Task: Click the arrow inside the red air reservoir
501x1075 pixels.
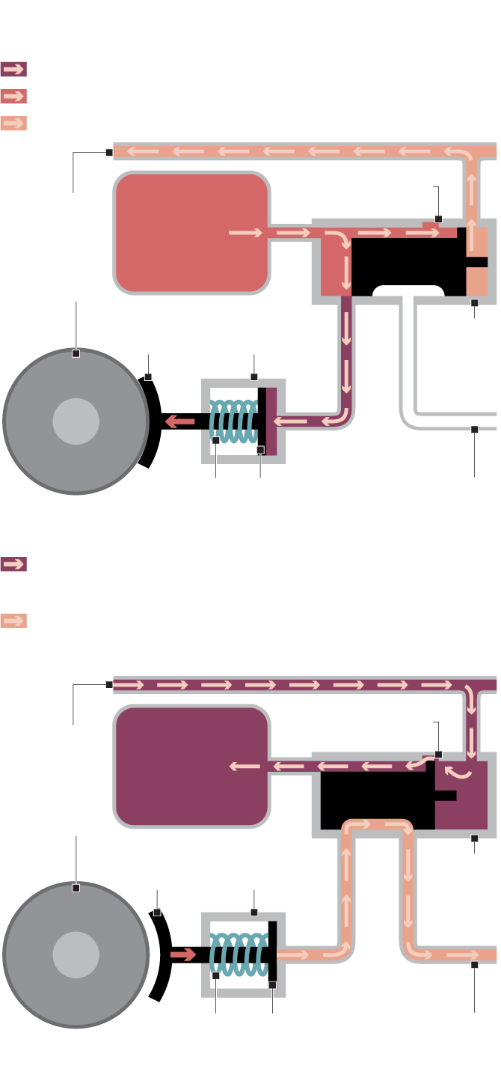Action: (x=245, y=233)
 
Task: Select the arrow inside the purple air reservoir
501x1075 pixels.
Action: (x=245, y=767)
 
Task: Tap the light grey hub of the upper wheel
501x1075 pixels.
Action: (x=76, y=421)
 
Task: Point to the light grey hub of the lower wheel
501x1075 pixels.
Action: (x=76, y=955)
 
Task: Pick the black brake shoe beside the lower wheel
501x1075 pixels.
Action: (x=163, y=955)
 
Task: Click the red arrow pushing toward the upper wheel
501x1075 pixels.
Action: (x=179, y=422)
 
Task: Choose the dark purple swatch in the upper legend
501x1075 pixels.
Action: (x=13, y=70)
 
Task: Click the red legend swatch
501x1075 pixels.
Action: (x=13, y=96)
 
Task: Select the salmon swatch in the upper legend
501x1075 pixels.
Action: (x=13, y=123)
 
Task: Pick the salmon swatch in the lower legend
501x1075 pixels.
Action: (x=13, y=621)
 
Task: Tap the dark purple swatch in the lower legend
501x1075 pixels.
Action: (x=13, y=564)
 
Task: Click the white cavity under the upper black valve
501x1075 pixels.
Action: (x=408, y=291)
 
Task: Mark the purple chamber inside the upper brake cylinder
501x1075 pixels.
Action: (x=271, y=421)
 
